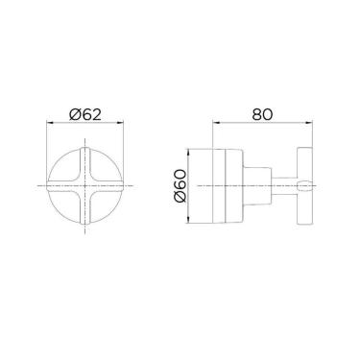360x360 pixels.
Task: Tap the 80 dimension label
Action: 262,114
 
